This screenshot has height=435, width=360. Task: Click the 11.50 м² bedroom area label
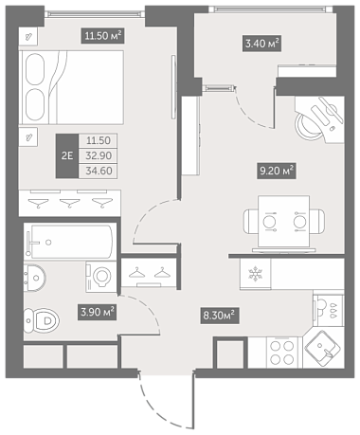coord(102,35)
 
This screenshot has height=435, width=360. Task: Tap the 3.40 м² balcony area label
coord(262,43)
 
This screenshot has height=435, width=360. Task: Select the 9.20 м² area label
coord(277,171)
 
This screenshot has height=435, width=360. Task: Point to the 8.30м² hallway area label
coord(220,316)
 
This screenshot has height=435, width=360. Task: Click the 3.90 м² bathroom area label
coord(98,312)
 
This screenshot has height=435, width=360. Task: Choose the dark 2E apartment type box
coord(67,155)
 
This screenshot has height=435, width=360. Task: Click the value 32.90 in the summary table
coord(99,155)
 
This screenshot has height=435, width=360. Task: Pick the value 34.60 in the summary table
coord(99,171)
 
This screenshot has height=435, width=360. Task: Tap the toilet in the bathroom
coord(42,320)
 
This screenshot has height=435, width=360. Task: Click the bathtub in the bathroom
coord(70,242)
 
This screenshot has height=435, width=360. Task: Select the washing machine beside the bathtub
coord(100,277)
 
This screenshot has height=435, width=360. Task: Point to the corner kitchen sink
coord(322,349)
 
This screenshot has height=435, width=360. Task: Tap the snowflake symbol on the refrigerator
coord(256,274)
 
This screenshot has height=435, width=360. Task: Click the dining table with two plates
coord(283,221)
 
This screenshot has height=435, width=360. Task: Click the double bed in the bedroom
coord(71,87)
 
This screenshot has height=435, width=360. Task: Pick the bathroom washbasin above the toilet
coord(35,278)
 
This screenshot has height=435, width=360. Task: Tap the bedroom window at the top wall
coord(95,13)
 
